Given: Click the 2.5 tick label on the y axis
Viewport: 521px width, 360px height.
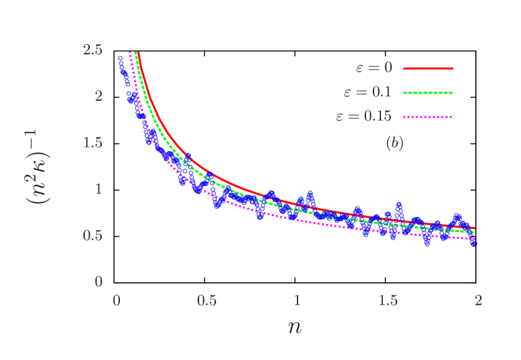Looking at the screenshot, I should pyautogui.click(x=92, y=50).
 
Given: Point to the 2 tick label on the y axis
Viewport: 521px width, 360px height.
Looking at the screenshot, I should pyautogui.click(x=99, y=96).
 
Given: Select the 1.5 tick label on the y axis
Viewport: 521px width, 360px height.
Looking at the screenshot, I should pyautogui.click(x=92, y=142).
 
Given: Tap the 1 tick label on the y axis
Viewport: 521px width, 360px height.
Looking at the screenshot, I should pyautogui.click(x=99, y=189).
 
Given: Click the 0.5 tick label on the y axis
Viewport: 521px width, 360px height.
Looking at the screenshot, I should pyautogui.click(x=92, y=235).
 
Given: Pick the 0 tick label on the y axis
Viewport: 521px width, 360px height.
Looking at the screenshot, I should pyautogui.click(x=99, y=282).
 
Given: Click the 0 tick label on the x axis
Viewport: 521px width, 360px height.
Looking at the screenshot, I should pyautogui.click(x=116, y=300).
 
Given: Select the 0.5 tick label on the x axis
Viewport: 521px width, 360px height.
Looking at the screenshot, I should pyautogui.click(x=207, y=300).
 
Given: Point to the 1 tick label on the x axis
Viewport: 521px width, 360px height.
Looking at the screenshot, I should pyautogui.click(x=298, y=300).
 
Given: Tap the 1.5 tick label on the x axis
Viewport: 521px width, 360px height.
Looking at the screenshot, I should pyautogui.click(x=388, y=300).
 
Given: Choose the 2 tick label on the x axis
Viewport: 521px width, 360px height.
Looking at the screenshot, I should pyautogui.click(x=478, y=300).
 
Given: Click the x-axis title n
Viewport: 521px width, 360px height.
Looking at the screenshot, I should pyautogui.click(x=294, y=326).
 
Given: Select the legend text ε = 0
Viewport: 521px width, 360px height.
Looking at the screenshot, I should pyautogui.click(x=372, y=68).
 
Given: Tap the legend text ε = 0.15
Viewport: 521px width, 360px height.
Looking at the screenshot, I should pyautogui.click(x=363, y=116).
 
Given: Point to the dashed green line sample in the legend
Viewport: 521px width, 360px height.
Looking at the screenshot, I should pyautogui.click(x=427, y=92).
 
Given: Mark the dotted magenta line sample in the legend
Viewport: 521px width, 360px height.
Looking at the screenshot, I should pyautogui.click(x=427, y=117).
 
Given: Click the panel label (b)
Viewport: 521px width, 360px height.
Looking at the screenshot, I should pyautogui.click(x=394, y=144).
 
